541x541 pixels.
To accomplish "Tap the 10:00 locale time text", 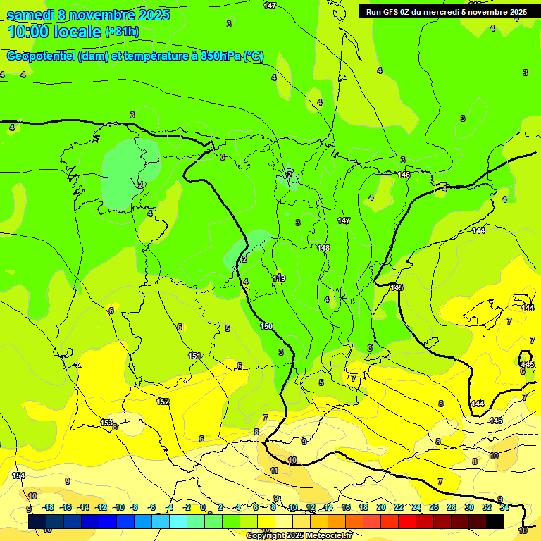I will click(x=54, y=31).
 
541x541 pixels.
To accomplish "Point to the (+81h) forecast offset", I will click(x=123, y=31).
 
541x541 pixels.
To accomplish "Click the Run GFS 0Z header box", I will click(x=447, y=12).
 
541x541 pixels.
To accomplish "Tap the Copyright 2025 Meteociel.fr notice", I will click(x=299, y=535).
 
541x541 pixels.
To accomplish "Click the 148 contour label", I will click(x=323, y=248).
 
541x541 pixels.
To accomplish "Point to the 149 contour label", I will click(x=279, y=278).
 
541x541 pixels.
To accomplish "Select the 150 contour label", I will click(x=266, y=326).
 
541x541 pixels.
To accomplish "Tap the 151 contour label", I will click(x=194, y=356).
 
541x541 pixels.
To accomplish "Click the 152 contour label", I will click(x=163, y=402).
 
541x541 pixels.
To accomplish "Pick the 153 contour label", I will click(x=106, y=423).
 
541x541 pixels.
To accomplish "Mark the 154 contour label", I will click(x=18, y=475).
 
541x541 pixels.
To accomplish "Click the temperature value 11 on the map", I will click(x=275, y=471).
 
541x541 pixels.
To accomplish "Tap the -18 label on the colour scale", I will click(x=47, y=507).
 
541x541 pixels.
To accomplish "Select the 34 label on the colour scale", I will click(x=504, y=507).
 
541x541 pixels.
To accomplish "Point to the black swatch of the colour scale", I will click(x=495, y=521).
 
